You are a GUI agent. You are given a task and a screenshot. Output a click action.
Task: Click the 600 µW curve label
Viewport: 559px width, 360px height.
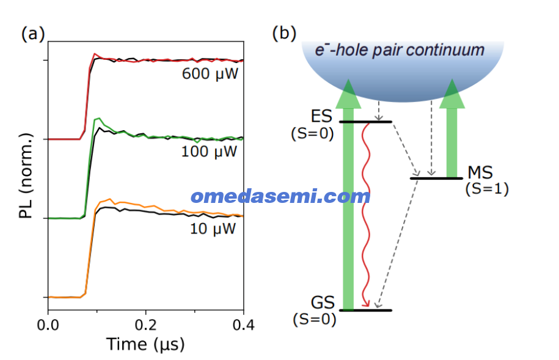coord(210,74)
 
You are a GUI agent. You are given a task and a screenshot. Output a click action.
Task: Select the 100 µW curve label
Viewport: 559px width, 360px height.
coord(210,152)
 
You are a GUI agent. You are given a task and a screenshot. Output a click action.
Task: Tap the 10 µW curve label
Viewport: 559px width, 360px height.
coord(213,229)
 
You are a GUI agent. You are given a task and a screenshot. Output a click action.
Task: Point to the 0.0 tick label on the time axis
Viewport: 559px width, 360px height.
coord(48,325)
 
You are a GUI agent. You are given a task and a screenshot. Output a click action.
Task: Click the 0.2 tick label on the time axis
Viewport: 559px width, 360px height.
coord(146,325)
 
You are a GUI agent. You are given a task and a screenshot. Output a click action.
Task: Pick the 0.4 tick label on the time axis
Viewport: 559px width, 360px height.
coord(244,325)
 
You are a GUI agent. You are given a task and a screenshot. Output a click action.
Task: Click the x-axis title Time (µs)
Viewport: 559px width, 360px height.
coord(145,344)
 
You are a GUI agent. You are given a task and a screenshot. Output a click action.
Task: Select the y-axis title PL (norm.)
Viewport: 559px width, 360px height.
coord(26,175)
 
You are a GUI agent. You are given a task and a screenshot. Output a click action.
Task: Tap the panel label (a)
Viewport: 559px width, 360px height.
coord(33,35)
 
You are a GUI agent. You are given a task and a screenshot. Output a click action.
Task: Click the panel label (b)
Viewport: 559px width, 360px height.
coord(284,34)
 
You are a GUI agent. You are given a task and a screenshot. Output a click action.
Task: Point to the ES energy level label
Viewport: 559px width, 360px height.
coord(321,116)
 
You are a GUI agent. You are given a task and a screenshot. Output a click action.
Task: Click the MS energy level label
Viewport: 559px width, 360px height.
coord(480,173)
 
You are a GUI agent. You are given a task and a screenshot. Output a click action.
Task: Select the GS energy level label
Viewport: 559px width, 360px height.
coord(323,303)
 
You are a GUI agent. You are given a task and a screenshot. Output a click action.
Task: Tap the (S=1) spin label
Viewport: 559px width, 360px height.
coord(487,189)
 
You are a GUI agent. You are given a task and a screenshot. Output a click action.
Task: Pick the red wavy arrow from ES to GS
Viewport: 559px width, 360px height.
coord(366,214)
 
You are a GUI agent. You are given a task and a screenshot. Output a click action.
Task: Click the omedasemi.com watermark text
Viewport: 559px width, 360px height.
coord(280,197)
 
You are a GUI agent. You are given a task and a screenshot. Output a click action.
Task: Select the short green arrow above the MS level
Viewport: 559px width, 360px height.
coord(452,128)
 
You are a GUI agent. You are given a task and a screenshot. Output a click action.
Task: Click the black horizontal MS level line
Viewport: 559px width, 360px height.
coord(436,178)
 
